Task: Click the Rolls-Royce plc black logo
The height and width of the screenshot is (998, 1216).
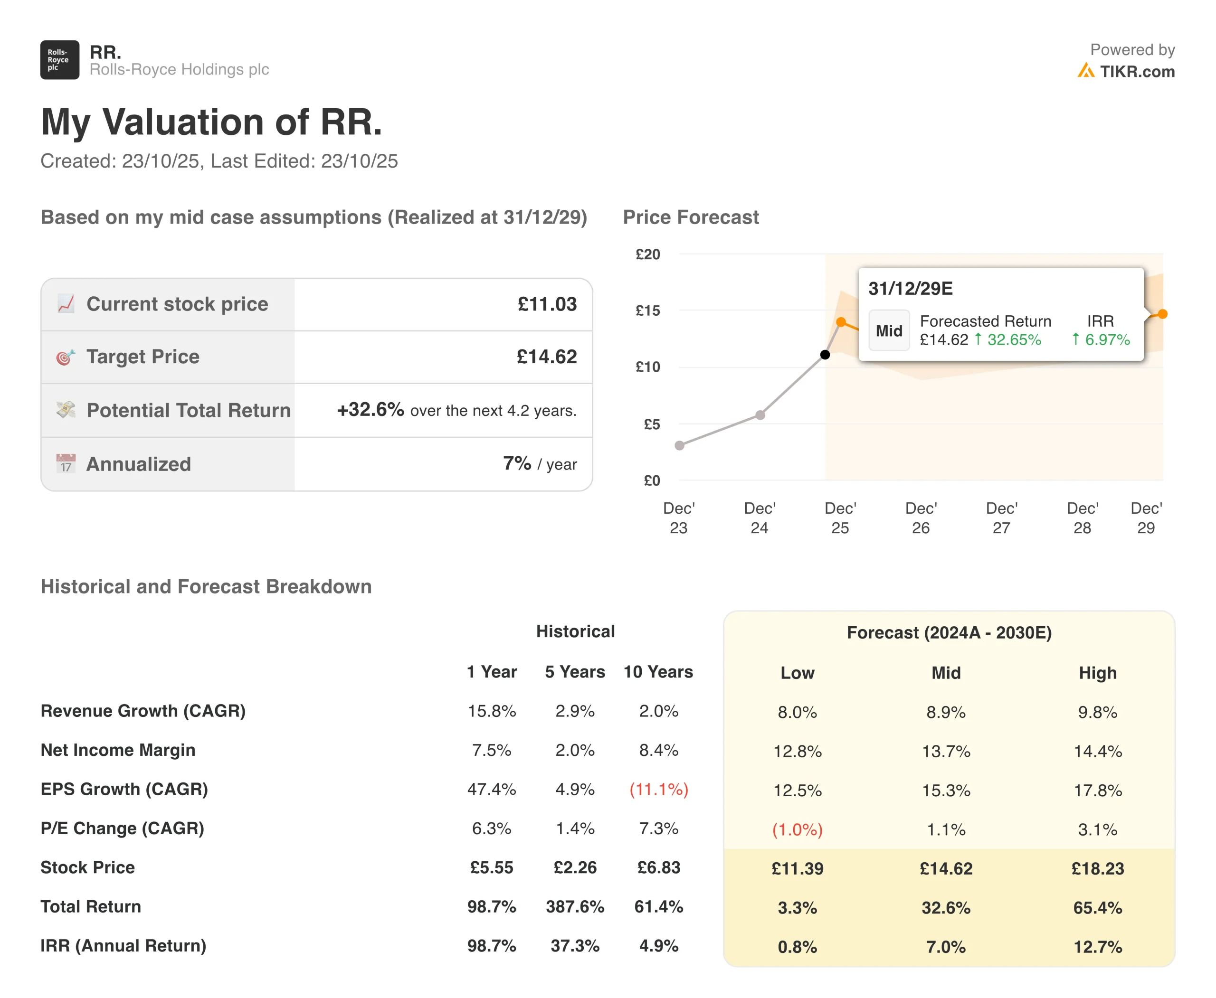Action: coord(59,60)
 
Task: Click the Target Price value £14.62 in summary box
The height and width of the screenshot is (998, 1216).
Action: coord(546,357)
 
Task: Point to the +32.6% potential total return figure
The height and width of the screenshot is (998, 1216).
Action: coord(370,410)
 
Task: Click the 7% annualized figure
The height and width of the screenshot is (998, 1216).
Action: coord(516,463)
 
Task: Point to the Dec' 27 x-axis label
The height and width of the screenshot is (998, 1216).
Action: coord(1001,518)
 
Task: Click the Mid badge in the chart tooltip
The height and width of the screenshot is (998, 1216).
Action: coord(888,330)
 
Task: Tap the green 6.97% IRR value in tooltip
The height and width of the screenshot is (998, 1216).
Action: coord(1107,340)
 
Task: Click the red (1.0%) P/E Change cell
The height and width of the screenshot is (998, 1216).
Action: coord(797,829)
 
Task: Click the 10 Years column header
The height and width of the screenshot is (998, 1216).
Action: coord(658,671)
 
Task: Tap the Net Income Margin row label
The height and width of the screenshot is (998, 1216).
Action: coord(118,750)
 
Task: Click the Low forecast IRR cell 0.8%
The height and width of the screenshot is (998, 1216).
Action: coord(797,947)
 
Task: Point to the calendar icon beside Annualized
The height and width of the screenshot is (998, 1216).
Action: coord(66,463)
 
